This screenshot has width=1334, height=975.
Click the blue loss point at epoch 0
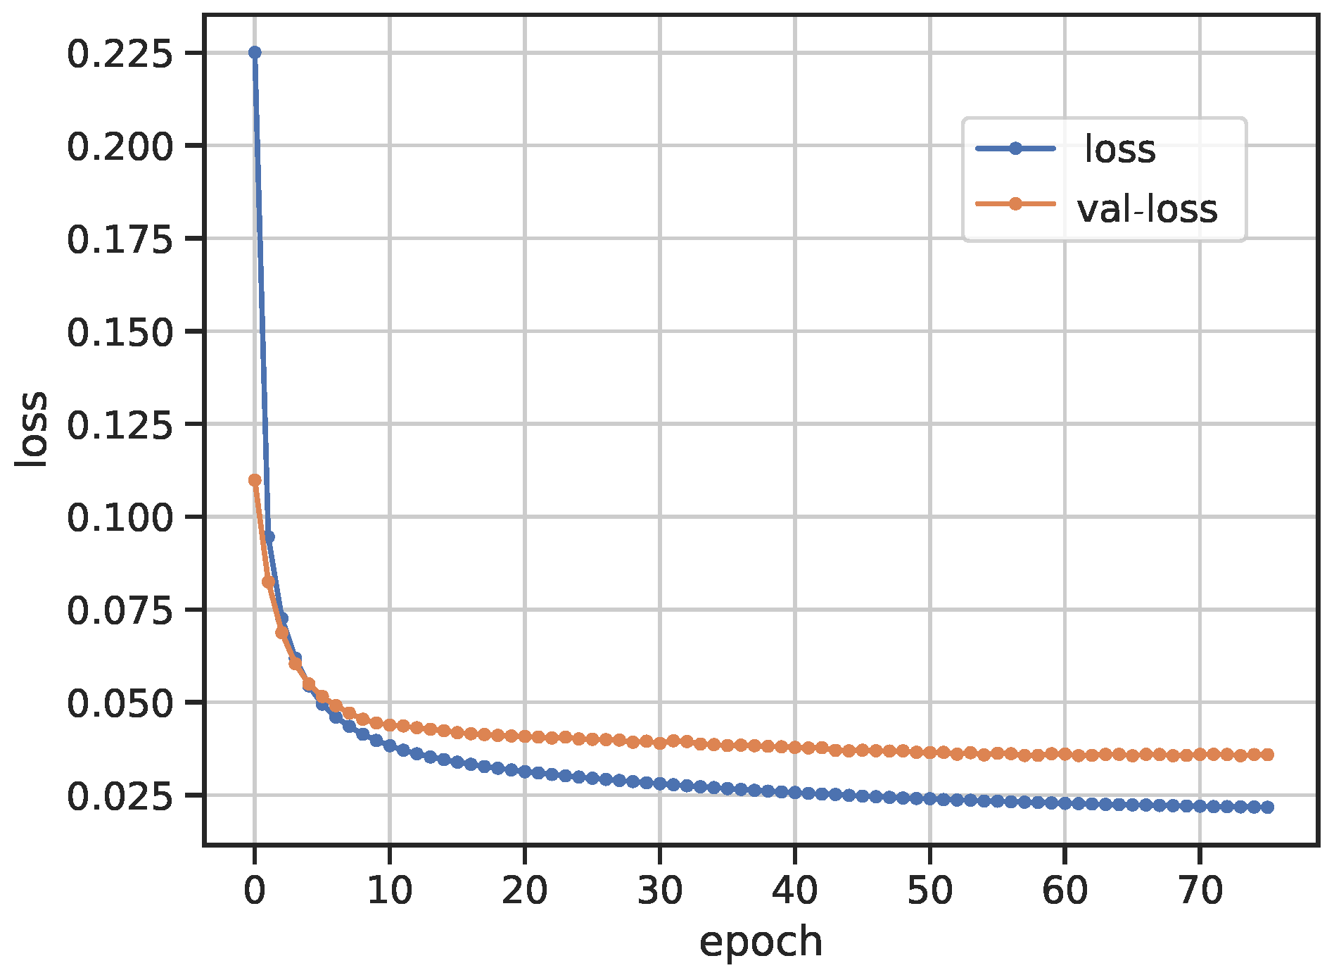tap(255, 53)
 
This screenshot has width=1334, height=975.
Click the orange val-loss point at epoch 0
tap(255, 480)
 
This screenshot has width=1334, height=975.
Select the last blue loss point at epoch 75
tap(1267, 807)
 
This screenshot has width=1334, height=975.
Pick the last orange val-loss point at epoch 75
tap(1267, 755)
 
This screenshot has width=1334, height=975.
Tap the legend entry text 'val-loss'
tap(1147, 209)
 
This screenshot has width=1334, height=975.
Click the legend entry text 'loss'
tap(1120, 149)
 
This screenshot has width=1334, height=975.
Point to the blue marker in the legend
tap(1015, 148)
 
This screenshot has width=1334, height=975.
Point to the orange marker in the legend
tap(1015, 204)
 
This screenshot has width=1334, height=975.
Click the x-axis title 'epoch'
tap(761, 942)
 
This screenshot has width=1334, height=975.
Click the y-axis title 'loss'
tap(32, 429)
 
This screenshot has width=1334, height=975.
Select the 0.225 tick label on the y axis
tap(120, 54)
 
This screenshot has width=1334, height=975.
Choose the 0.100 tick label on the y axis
tap(120, 518)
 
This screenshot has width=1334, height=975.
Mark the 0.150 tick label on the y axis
tap(120, 332)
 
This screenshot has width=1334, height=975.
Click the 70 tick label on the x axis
tap(1200, 891)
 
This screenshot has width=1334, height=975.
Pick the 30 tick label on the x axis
tap(659, 891)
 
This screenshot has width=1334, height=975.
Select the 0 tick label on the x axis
tap(255, 891)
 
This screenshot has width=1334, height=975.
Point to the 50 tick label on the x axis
tap(929, 891)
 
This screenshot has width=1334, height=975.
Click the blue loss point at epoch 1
tap(268, 537)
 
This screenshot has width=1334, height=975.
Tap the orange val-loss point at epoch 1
tap(268, 581)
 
